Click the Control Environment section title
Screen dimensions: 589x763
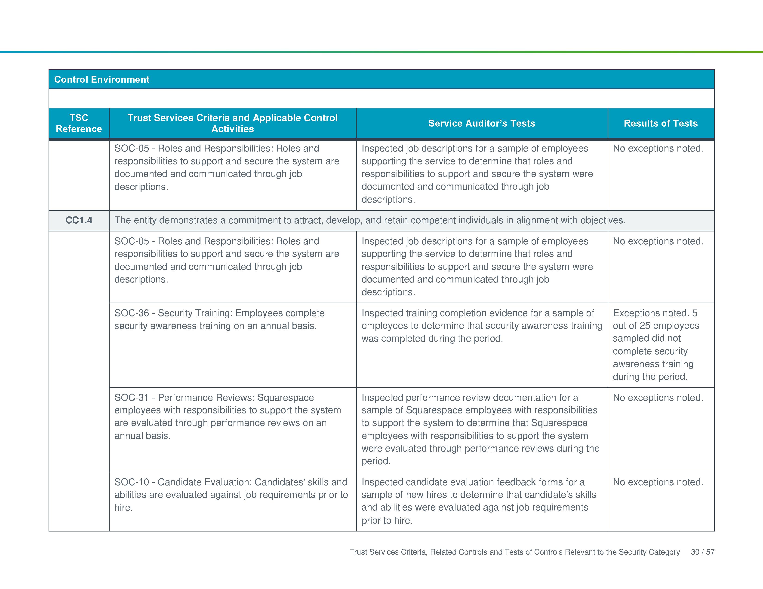pyautogui.click(x=102, y=79)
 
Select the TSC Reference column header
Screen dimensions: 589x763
pyautogui.click(x=79, y=123)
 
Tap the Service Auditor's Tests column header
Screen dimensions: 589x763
pyautogui.click(x=481, y=123)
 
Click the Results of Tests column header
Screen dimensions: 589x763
pyautogui.click(x=660, y=123)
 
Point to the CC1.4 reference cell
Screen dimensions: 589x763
pyautogui.click(x=79, y=220)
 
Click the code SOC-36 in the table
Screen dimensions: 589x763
pyautogui.click(x=131, y=313)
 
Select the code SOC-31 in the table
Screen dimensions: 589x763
pyautogui.click(x=131, y=398)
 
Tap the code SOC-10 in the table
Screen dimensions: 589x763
pyautogui.click(x=131, y=482)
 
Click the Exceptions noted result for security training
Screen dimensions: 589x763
pyautogui.click(x=650, y=313)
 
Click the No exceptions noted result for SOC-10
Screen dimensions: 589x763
pyautogui.click(x=658, y=482)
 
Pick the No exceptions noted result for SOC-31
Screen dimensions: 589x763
pyautogui.click(x=658, y=398)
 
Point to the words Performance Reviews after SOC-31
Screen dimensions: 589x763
pyautogui.click(x=206, y=398)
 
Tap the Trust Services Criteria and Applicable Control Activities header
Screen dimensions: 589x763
pyautogui.click(x=232, y=123)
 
